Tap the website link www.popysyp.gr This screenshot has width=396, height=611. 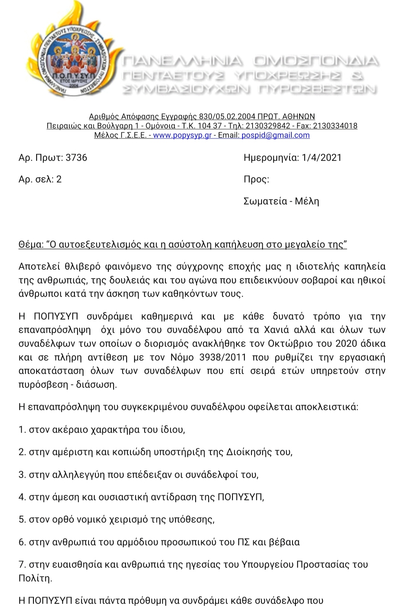pyautogui.click(x=183, y=135)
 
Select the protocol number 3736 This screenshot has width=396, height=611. pyautogui.click(x=76, y=158)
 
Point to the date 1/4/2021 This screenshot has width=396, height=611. pyautogui.click(x=321, y=158)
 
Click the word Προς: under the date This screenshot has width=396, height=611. pyautogui.click(x=256, y=179)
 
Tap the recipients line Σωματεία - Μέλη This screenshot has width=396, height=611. pyautogui.click(x=281, y=201)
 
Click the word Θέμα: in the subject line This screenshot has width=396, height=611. pyautogui.click(x=31, y=244)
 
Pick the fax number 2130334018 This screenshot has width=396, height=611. pyautogui.click(x=335, y=126)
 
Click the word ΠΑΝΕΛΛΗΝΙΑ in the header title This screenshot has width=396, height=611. pyautogui.click(x=183, y=61)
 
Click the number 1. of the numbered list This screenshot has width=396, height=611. pyautogui.click(x=22, y=430)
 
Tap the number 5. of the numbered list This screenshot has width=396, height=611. pyautogui.click(x=22, y=519)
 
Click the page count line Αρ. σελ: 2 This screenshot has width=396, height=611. pyautogui.click(x=40, y=179)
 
